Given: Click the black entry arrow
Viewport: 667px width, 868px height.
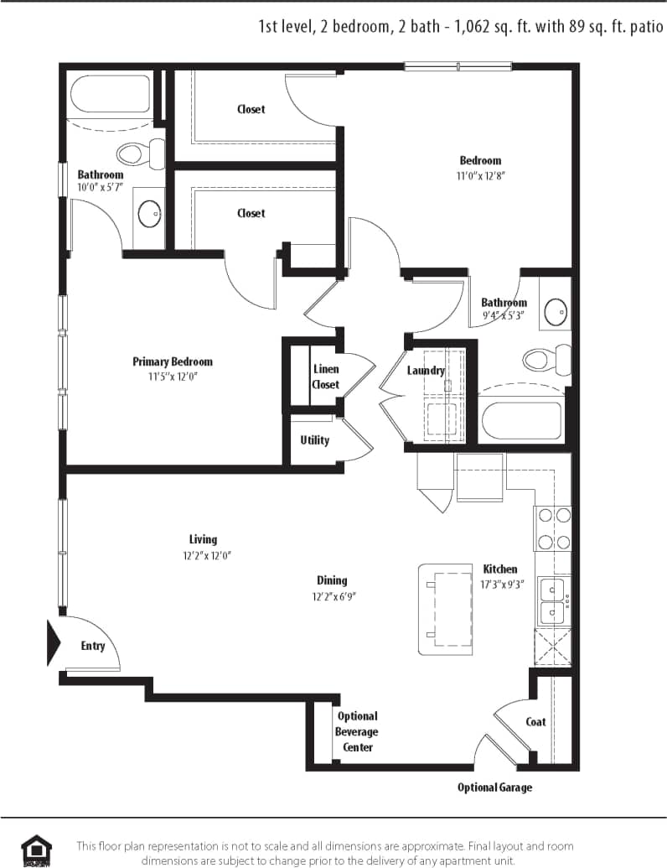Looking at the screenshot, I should pos(54,643).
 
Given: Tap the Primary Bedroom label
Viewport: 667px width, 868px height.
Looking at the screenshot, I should pos(173,361).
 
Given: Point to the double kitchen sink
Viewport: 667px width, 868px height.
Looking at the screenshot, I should pos(552,600).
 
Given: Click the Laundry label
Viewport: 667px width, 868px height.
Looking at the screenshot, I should pos(426,371).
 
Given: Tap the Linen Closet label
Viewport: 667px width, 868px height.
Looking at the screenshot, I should pos(325,377).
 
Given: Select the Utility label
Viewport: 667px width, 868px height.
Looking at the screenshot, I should pos(315,440).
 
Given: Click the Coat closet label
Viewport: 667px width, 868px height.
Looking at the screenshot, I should pos(535,721).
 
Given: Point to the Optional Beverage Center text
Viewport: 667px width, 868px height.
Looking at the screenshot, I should pos(358,731).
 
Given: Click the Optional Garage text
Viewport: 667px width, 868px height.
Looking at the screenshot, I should pos(494,787).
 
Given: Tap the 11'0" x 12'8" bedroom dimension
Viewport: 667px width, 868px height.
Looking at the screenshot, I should pos(480,176).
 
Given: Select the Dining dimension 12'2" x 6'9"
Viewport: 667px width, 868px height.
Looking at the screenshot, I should pos(332,597).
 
